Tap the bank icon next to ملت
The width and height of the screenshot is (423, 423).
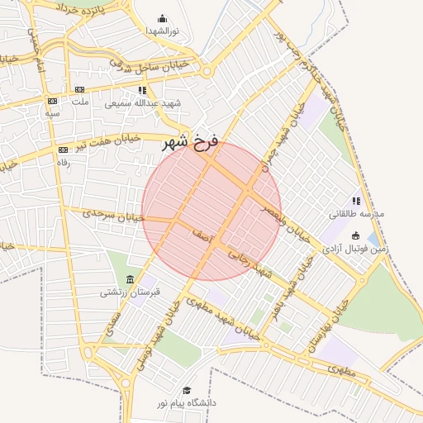click(x=79, y=89)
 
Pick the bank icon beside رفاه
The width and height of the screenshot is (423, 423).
click(x=63, y=150)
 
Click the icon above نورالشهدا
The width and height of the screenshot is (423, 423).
click(x=161, y=18)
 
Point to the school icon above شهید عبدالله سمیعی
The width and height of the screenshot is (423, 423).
click(x=142, y=90)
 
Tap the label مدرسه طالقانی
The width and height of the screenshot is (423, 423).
click(x=357, y=214)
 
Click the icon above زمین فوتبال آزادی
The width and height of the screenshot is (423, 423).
click(x=356, y=235)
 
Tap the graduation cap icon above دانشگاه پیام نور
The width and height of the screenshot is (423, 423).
click(x=187, y=390)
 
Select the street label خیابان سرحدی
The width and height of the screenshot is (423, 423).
click(x=112, y=215)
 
